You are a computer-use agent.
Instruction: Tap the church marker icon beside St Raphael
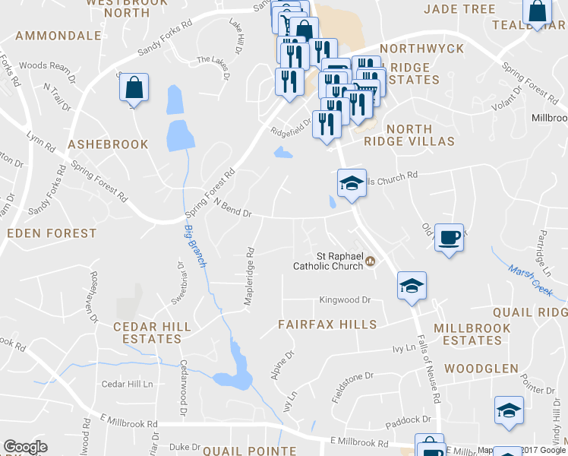pos(371,261)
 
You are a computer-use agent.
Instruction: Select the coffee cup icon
pos(449,238)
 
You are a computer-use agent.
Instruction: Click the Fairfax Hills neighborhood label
pos(327,325)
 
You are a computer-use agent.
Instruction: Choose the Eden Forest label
pos(52,233)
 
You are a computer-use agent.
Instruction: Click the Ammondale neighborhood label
pos(58,36)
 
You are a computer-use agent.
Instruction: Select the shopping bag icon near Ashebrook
pos(134,88)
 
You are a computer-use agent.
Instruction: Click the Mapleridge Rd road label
pos(248,276)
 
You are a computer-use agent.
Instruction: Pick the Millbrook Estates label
pos(467,334)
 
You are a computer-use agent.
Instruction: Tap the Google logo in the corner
pos(25,447)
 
